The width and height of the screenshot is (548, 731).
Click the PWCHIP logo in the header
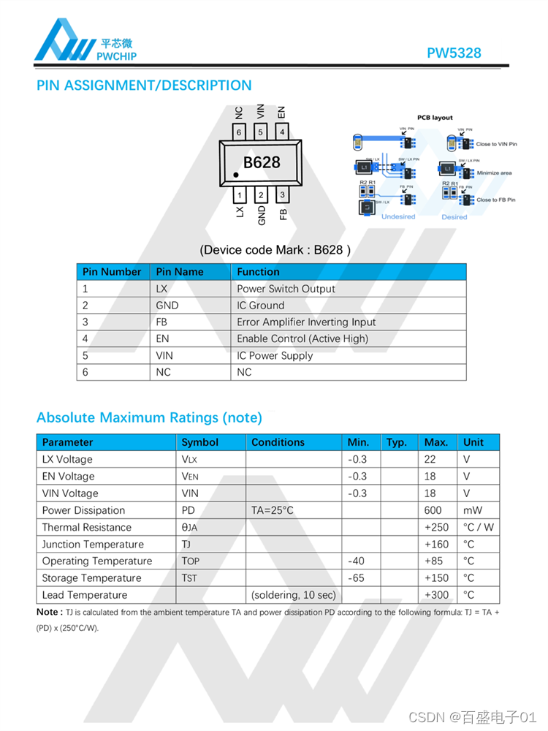[x=85, y=40]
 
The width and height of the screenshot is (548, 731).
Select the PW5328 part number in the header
[x=454, y=53]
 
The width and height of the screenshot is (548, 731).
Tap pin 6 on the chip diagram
[x=239, y=132]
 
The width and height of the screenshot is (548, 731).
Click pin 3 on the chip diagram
[x=282, y=195]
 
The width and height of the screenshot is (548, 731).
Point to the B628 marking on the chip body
[x=262, y=162]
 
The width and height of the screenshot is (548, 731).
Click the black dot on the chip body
[x=237, y=175]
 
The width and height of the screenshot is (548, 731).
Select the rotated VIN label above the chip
[x=260, y=111]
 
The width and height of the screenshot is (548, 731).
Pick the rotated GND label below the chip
[x=261, y=214]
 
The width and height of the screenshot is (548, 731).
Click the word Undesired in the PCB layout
[x=398, y=217]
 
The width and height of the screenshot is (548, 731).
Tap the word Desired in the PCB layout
[x=454, y=217]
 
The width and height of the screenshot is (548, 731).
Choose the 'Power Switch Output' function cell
[x=286, y=289]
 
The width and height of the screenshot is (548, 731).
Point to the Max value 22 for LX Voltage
[x=430, y=459]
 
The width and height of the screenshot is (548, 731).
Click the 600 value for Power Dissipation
[x=433, y=510]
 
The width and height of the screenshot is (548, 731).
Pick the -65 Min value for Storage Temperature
[x=357, y=578]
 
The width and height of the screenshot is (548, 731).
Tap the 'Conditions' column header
[x=278, y=442]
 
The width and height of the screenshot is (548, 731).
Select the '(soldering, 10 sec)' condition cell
[x=293, y=595]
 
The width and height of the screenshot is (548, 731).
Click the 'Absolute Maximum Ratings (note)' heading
[x=149, y=418]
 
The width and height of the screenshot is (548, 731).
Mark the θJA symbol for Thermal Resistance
[x=189, y=528]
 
